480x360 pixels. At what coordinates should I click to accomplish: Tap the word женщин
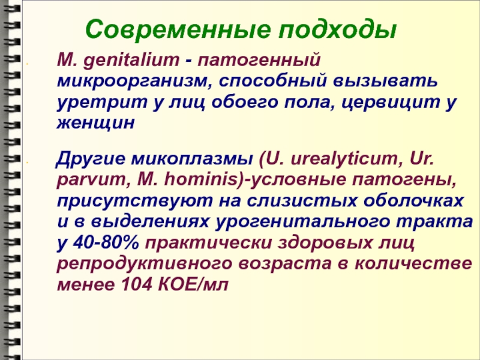click(95, 124)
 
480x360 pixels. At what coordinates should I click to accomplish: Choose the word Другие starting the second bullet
click(91, 160)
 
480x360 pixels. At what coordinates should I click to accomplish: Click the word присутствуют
click(134, 202)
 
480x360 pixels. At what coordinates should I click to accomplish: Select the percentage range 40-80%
click(106, 243)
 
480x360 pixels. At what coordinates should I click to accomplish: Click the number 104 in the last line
click(137, 284)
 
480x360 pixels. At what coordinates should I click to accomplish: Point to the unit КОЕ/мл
click(193, 284)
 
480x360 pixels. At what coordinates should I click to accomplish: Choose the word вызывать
click(385, 81)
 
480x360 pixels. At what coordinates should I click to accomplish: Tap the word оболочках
click(413, 201)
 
